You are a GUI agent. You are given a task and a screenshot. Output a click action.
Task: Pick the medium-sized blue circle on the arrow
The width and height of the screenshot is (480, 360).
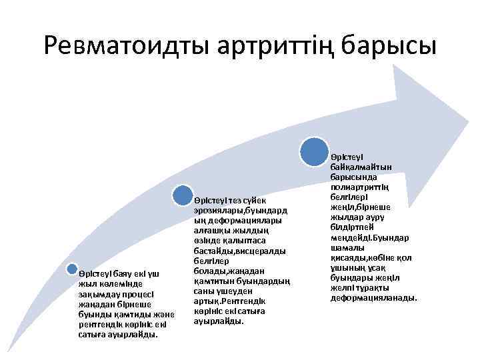[183, 195]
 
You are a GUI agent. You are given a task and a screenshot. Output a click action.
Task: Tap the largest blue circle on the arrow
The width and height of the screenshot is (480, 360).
[314, 151]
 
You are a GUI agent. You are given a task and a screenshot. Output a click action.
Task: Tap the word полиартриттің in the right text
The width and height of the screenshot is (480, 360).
[360, 187]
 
